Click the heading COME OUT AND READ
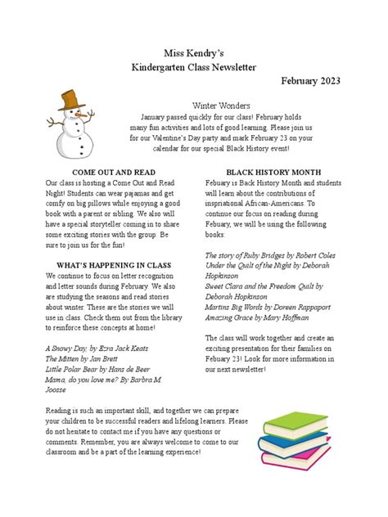[102, 173]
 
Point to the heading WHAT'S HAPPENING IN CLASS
[103, 265]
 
